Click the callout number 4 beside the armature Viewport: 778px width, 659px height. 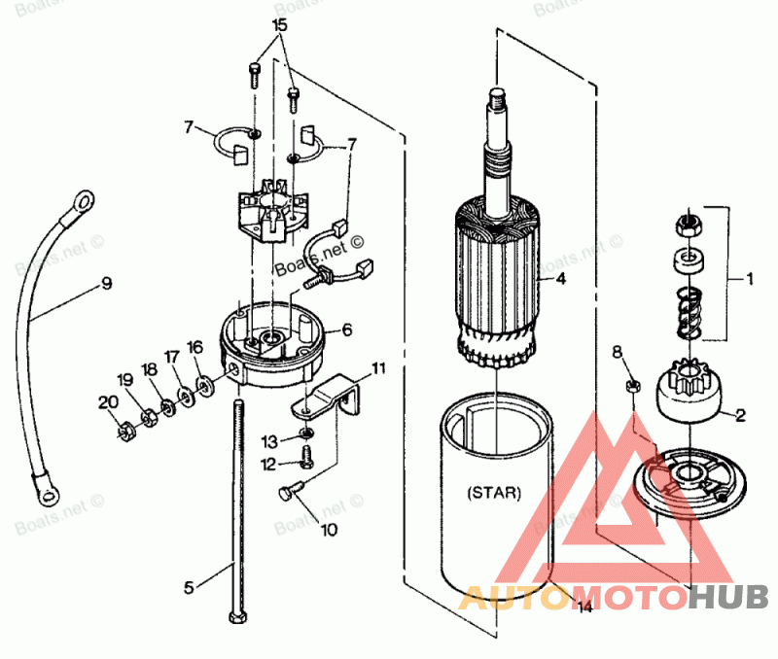[x=560, y=278]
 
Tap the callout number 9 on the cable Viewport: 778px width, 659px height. [x=105, y=284]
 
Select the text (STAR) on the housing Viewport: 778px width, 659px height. [x=494, y=493]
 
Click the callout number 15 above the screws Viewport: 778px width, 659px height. [x=280, y=24]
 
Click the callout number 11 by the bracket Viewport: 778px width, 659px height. [x=378, y=368]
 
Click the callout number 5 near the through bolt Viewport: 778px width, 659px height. [x=190, y=587]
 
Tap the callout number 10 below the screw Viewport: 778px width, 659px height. [x=329, y=531]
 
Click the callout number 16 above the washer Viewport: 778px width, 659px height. [x=195, y=347]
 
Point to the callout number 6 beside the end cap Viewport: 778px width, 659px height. [x=345, y=330]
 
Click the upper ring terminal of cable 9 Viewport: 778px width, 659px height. [x=84, y=202]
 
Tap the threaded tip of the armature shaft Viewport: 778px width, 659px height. [x=495, y=95]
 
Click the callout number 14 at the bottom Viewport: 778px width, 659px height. [x=583, y=608]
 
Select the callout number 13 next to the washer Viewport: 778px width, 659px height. [x=272, y=440]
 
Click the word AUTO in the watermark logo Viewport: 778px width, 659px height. [x=514, y=596]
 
